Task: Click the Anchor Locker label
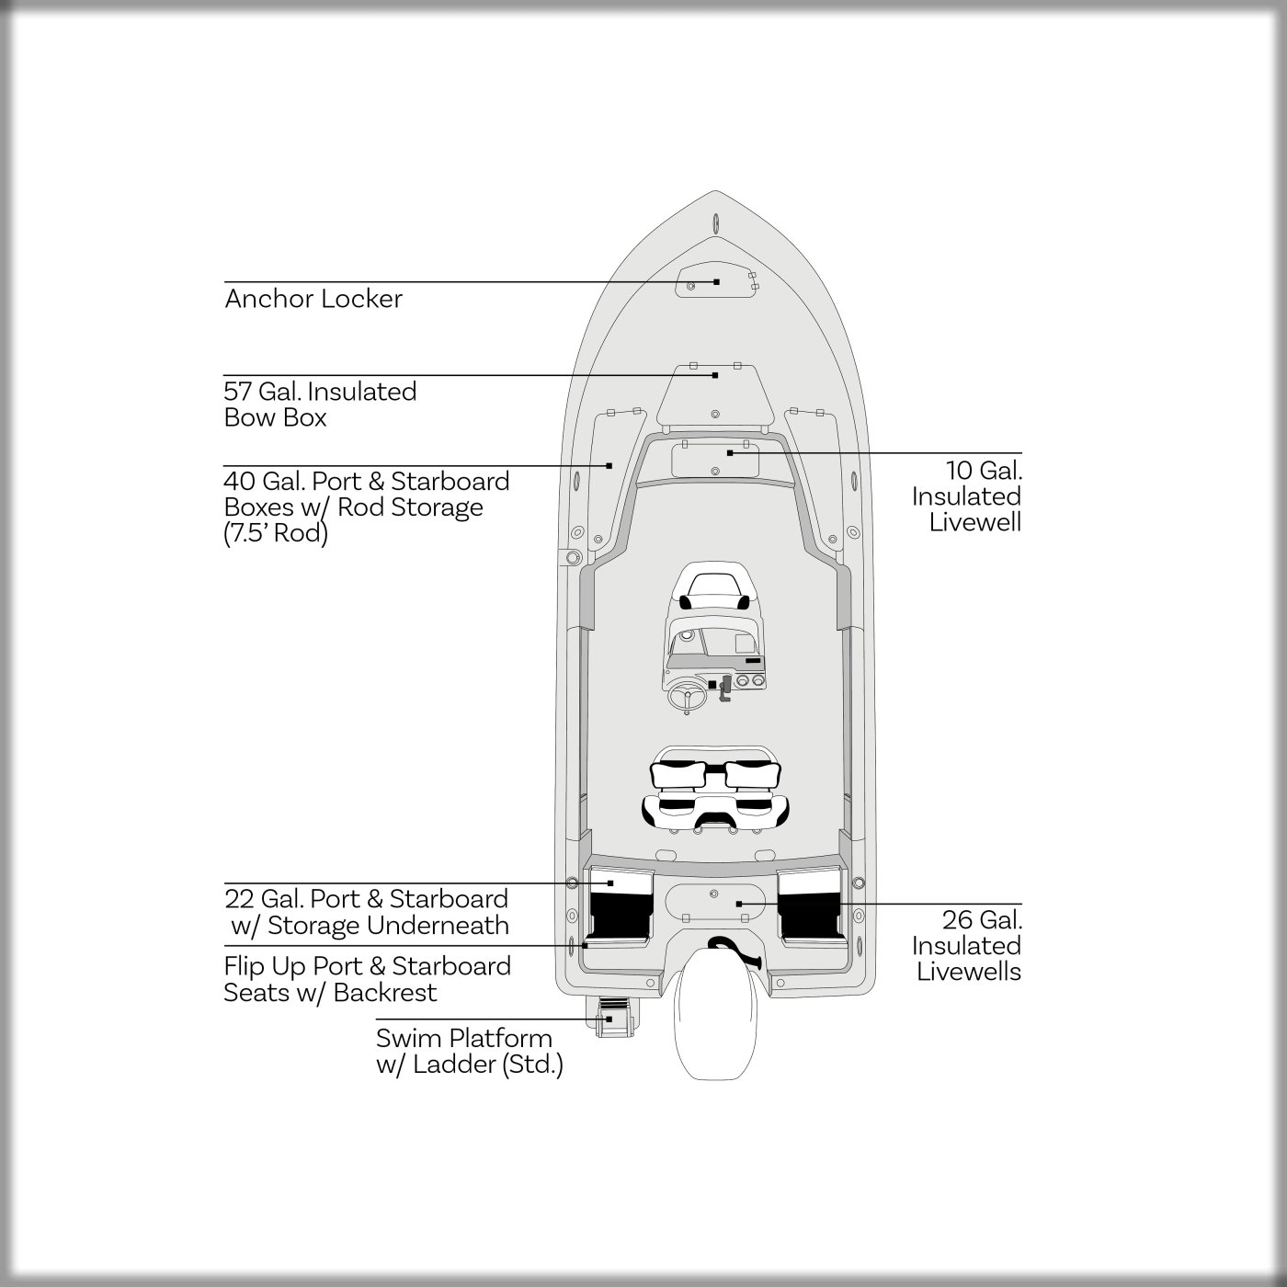313,299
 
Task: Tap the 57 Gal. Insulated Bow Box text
320,404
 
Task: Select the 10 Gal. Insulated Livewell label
966,496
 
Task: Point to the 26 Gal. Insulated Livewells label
966,946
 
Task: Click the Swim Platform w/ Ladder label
470,1052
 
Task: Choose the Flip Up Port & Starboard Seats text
368,979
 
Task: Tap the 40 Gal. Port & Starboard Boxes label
367,507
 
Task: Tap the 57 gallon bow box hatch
715,395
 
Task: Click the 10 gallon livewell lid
714,459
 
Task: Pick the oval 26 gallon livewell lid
714,902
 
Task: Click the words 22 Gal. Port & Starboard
366,899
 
